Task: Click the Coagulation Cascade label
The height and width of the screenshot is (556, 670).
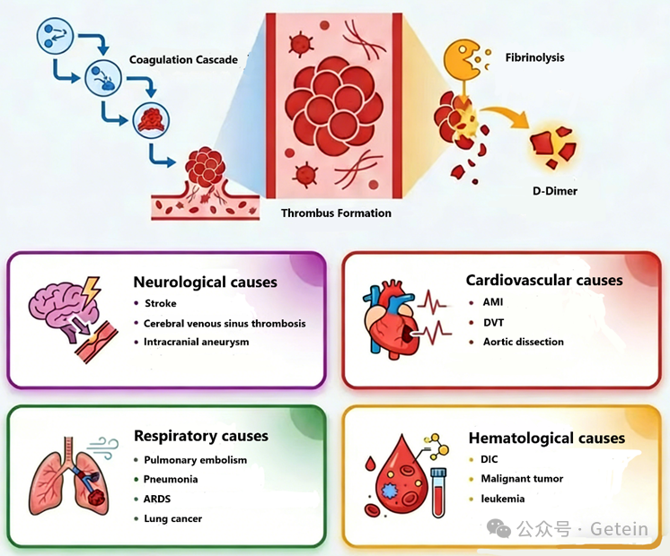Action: pyautogui.click(x=183, y=60)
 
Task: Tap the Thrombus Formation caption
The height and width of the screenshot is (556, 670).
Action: pyautogui.click(x=336, y=213)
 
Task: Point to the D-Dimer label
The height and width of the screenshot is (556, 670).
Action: pyautogui.click(x=554, y=191)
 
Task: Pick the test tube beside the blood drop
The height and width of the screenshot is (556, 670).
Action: pyautogui.click(x=439, y=491)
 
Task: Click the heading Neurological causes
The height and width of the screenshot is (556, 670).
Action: pyautogui.click(x=205, y=282)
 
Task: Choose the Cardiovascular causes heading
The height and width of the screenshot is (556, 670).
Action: pyautogui.click(x=543, y=280)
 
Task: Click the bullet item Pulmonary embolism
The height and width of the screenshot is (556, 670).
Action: pyautogui.click(x=195, y=460)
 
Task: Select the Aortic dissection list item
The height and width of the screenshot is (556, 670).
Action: pyautogui.click(x=524, y=342)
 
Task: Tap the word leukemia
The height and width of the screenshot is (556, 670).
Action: pyautogui.click(x=503, y=499)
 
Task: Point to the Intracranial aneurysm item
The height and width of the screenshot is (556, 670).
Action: pyautogui.click(x=196, y=342)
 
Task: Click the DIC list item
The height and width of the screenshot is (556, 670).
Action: pyautogui.click(x=489, y=459)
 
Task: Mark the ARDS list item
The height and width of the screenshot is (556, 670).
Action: pyautogui.click(x=157, y=499)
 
